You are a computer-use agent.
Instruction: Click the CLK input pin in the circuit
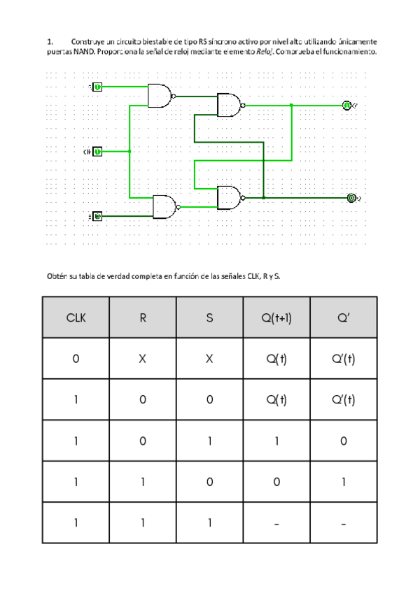pos(98,151)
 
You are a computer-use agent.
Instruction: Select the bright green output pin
pos(346,105)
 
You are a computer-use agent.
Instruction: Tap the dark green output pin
pos(351,198)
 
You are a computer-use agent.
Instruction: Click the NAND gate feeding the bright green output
pos(229,105)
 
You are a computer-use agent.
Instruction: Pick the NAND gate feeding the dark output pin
pos(229,198)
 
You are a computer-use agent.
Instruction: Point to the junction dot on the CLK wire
pos(130,151)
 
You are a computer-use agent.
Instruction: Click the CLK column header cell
pos(76,317)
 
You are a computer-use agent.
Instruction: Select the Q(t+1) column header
pos(276,317)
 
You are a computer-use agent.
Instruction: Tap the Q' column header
pos(343,317)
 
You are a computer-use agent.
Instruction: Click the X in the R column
pos(143,359)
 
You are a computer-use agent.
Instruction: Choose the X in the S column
pos(210,359)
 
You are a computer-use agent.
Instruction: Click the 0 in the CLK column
pos(76,359)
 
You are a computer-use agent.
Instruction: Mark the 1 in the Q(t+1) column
pos(276,441)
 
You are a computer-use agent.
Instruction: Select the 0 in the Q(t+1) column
pos(276,482)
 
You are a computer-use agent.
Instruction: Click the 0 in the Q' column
pos(343,441)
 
